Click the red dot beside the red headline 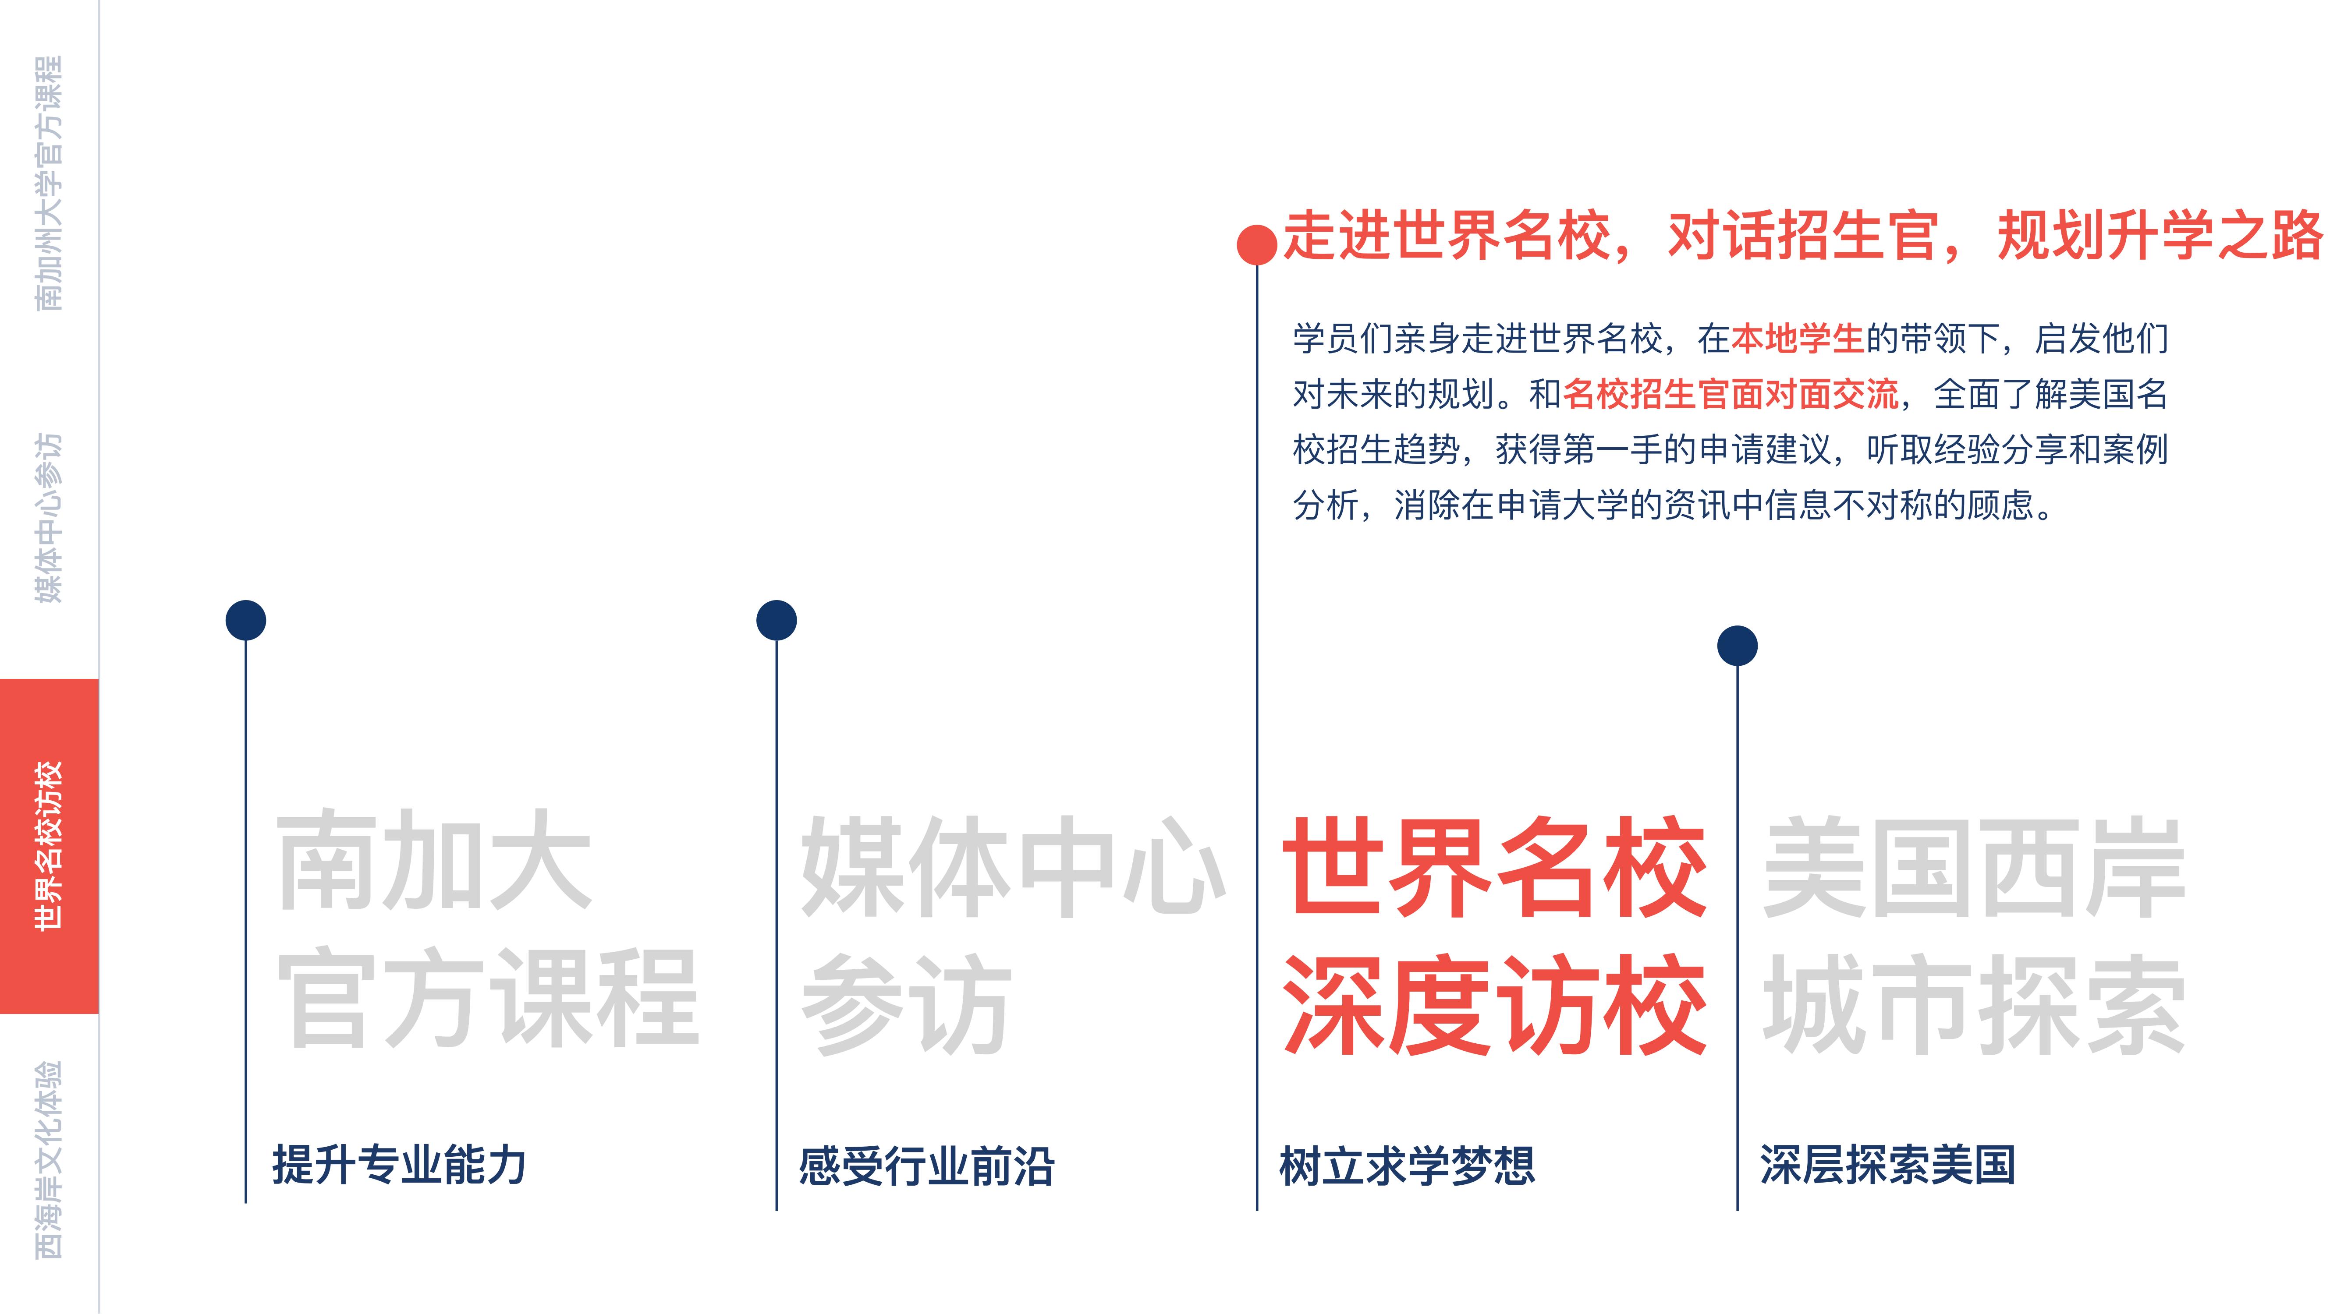[x=1256, y=244]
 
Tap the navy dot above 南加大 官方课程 [x=246, y=620]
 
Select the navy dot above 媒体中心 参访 [x=777, y=620]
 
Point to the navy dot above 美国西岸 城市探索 [x=1738, y=646]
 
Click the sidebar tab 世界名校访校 [x=49, y=845]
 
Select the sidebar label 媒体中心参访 [x=49, y=517]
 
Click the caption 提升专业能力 [x=399, y=1164]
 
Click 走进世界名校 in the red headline [x=1447, y=236]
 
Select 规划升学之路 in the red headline [x=2159, y=236]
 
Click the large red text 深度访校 [x=1494, y=1005]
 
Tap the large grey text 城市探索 [x=1973, y=1005]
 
